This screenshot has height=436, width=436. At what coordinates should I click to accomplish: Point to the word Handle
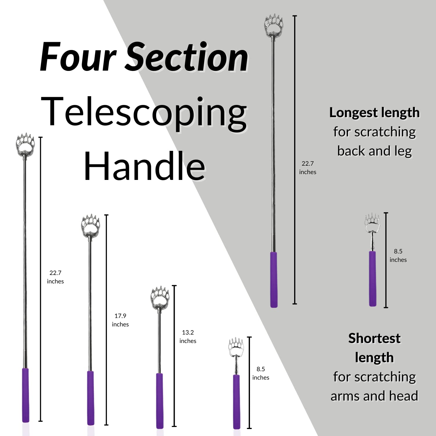coord(144,167)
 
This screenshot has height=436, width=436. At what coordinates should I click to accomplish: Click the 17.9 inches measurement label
coord(120,320)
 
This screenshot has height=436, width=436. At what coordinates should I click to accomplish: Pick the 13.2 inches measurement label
coord(188,337)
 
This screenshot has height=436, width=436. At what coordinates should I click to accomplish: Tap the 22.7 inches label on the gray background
coord(308,168)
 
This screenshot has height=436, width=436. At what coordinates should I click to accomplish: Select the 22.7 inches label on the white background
coord(55,277)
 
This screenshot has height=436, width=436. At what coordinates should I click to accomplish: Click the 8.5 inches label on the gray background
coord(398,255)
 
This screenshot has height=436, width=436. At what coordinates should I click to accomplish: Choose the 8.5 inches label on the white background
coord(261,373)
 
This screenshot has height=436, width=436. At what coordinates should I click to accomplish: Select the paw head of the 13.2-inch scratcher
coord(160,297)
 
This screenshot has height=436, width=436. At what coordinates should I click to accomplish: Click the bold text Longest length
coord(374,112)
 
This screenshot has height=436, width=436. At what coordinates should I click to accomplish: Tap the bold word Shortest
coord(374,338)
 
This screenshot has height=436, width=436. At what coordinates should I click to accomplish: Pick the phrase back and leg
coord(374,151)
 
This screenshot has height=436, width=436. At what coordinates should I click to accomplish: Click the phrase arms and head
coord(374,396)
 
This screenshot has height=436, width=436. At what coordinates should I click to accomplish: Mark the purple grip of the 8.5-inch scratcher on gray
coord(373,278)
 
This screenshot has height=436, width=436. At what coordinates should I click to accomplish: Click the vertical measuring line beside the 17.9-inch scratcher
coord(106,320)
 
